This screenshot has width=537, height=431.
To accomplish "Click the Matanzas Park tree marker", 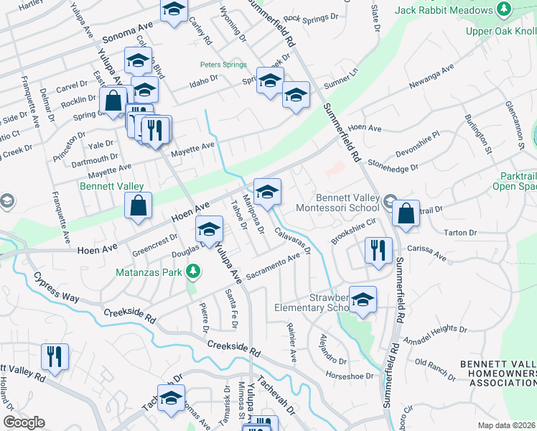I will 192,272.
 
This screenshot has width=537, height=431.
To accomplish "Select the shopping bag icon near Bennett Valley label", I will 138,205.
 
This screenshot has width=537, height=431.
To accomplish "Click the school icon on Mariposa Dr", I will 267,193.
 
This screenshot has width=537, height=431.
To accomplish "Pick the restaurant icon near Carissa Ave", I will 378,251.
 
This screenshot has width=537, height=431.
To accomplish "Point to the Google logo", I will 24,422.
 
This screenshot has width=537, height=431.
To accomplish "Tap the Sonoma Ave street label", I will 129,37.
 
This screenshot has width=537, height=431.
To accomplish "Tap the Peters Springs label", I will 223,65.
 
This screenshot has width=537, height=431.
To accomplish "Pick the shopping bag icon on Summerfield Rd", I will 406,214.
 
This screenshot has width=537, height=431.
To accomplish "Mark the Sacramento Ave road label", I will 272,267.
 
